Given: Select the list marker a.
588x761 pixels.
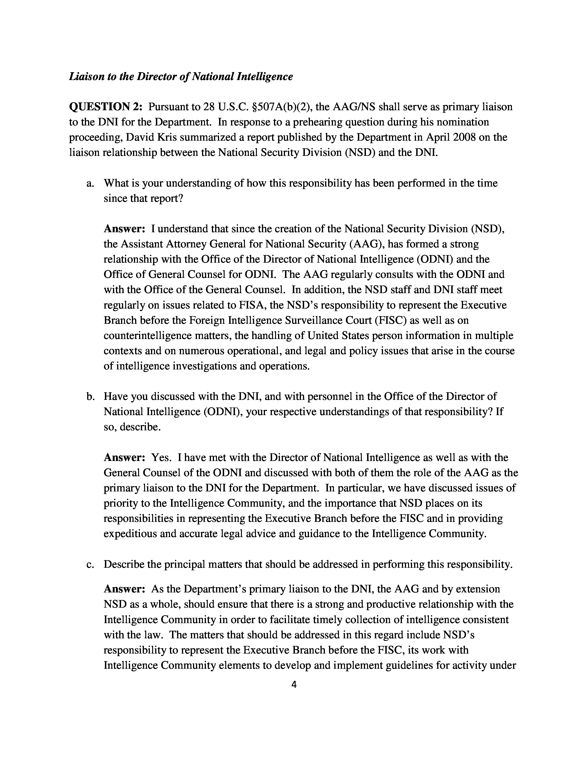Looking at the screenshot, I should tap(90, 183).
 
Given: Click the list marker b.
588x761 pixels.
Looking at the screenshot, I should tap(90, 397).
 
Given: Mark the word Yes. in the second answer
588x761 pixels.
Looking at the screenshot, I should tap(161, 458).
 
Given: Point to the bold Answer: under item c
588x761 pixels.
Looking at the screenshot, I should tap(124, 589).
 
